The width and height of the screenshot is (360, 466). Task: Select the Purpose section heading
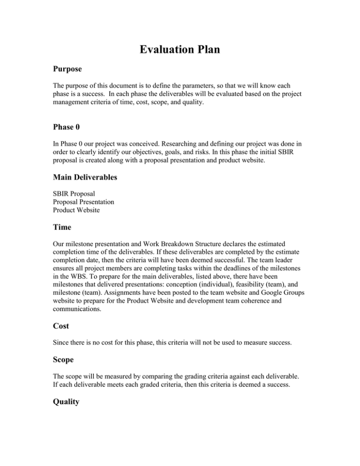tap(67, 69)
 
